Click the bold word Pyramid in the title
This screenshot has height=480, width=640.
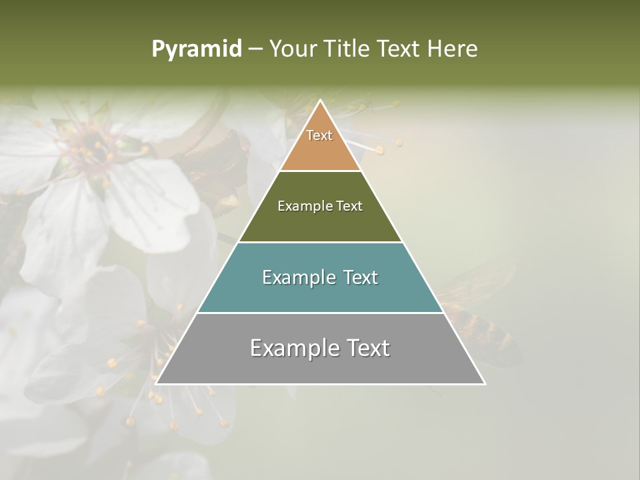197,49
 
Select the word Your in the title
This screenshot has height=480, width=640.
293,49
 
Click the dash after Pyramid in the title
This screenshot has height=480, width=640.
255,49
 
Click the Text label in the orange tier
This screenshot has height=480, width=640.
319,135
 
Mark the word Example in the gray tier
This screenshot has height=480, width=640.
291,348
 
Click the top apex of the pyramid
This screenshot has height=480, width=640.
320,101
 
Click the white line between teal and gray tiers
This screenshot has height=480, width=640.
320,313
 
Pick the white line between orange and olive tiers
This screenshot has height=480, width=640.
320,171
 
